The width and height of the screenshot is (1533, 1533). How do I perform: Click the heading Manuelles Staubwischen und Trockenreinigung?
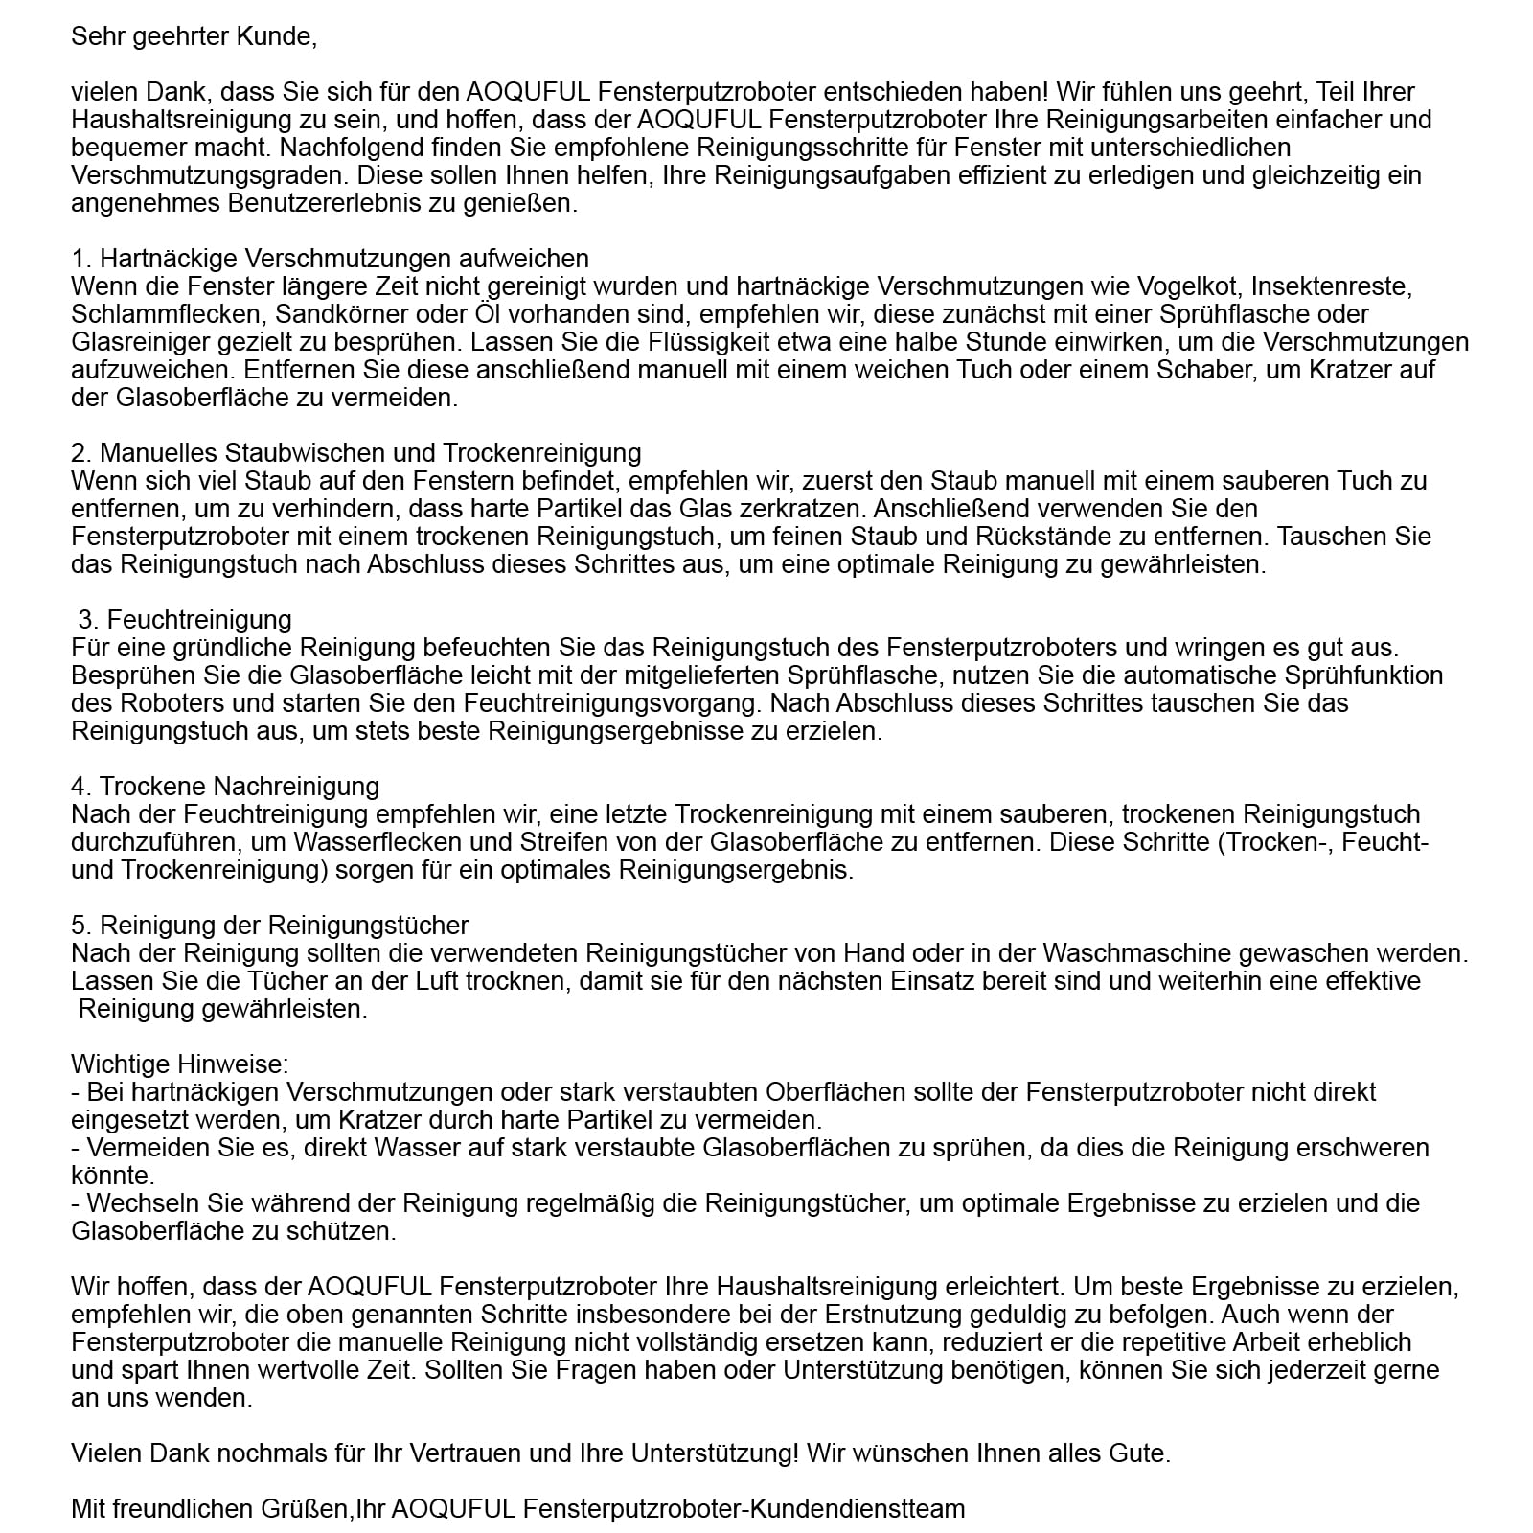coord(370,452)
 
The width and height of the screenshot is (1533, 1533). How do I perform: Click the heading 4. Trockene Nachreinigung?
coord(225,787)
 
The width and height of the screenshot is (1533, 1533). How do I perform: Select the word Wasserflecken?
coord(454,842)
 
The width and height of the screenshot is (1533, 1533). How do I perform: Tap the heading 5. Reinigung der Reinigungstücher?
coord(270,926)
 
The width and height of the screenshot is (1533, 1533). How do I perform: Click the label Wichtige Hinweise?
coord(180,1064)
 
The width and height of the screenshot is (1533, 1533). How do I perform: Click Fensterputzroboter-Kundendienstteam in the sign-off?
coord(744,1509)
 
